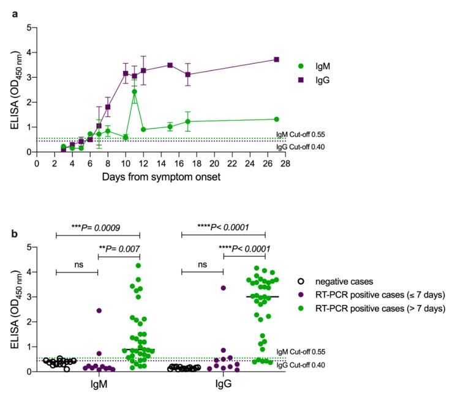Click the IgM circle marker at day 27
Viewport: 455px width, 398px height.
[277, 119]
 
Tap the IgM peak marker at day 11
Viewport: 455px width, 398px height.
[134, 92]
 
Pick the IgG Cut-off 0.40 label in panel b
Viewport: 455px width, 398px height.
[314, 366]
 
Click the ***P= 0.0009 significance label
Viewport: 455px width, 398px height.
[98, 226]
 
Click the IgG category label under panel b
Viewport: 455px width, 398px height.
[223, 387]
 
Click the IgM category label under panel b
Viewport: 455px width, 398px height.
[98, 387]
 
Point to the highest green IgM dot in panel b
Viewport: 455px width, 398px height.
[138, 266]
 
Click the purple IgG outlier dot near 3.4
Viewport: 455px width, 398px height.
[224, 288]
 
